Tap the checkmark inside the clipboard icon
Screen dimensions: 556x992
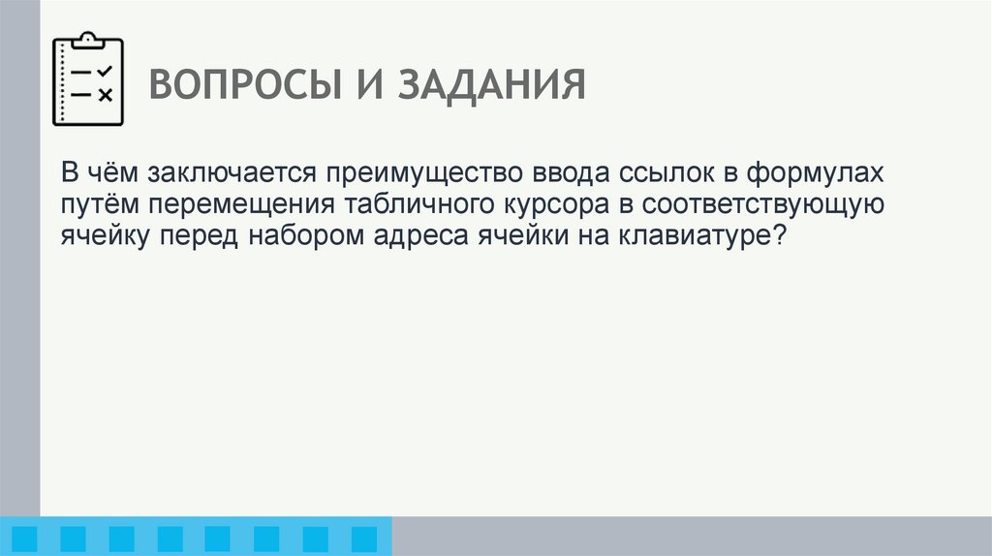pos(105,72)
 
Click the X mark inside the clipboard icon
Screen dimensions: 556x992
pos(105,94)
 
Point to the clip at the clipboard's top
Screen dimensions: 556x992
pos(88,40)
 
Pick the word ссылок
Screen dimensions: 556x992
pos(646,173)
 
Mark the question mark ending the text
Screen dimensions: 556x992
pos(777,236)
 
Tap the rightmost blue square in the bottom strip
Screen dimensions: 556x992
pos(363,538)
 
